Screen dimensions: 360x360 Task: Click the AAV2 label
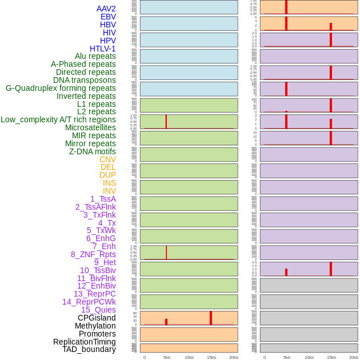click(x=106, y=9)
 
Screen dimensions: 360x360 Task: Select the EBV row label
click(x=108, y=17)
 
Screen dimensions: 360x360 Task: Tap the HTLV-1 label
click(x=103, y=49)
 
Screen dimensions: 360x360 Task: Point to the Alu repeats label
click(x=95, y=56)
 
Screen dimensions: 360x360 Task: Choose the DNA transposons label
click(x=85, y=80)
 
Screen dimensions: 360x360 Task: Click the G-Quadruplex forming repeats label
click(x=61, y=88)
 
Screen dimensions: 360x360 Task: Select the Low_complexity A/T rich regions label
click(x=58, y=119)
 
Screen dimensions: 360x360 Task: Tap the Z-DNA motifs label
click(x=93, y=151)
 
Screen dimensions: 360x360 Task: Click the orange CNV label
click(x=107, y=159)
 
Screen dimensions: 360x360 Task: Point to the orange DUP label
click(x=107, y=175)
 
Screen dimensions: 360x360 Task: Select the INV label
click(x=109, y=191)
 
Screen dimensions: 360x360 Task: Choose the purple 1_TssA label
click(x=103, y=199)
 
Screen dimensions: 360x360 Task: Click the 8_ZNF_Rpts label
click(x=93, y=254)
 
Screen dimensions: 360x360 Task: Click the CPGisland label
click(x=97, y=318)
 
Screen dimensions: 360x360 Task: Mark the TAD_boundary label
click(x=89, y=349)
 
